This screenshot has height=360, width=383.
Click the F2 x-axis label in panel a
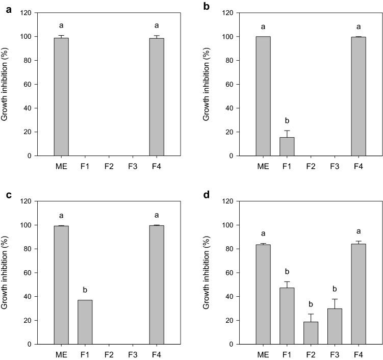click(109, 166)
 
